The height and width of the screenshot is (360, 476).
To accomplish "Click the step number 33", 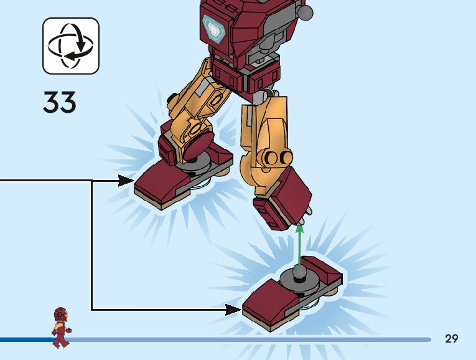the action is (x=60, y=102).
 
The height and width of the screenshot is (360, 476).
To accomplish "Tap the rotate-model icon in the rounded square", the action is (x=71, y=45).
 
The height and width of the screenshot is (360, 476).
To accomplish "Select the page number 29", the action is (x=452, y=338).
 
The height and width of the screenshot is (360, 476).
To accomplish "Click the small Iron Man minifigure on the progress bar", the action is (x=60, y=327).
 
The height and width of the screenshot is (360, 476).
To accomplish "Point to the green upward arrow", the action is (x=300, y=246).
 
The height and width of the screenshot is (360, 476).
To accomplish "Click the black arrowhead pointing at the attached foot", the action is (x=126, y=181).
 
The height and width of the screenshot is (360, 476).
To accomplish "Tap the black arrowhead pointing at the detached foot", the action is (x=233, y=309).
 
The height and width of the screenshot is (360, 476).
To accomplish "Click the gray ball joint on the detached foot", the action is (x=300, y=273).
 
